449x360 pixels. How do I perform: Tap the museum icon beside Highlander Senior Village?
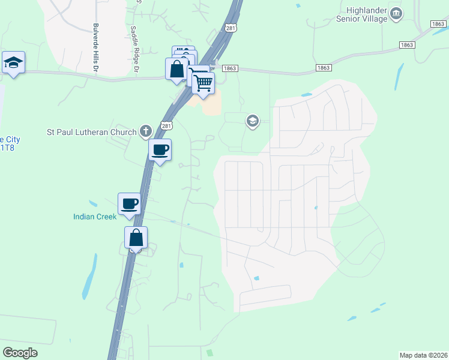396,14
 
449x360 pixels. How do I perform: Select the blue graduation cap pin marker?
13,62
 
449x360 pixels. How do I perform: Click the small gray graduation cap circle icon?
253,122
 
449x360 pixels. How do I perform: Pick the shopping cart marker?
203,83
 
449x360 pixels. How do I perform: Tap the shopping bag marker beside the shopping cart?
177,68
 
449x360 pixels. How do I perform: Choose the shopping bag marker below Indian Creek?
136,238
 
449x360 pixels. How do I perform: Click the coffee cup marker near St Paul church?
160,150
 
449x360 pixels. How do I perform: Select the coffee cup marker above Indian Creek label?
130,204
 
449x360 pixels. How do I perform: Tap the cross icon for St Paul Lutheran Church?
145,131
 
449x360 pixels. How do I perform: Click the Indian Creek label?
95,217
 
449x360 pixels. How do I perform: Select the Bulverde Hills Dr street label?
95,47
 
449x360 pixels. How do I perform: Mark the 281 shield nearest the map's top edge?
231,28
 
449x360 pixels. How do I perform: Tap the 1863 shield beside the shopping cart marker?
230,68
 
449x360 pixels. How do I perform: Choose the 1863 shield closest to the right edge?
438,23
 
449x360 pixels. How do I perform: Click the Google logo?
20,353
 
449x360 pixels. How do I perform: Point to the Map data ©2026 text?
423,355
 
